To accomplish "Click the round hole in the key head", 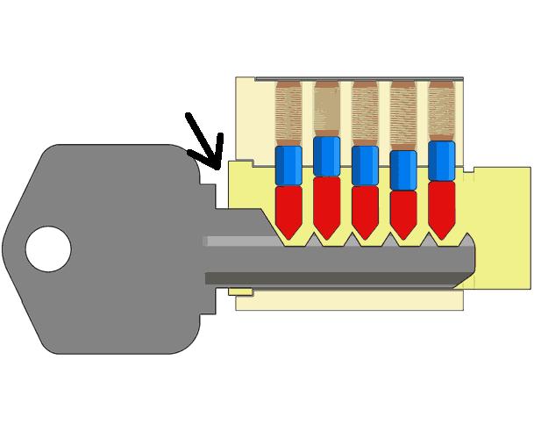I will coord(47,249).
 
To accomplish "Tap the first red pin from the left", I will coord(288,209).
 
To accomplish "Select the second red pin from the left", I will coord(326,205).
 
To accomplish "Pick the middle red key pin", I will coord(365,209).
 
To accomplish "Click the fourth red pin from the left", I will coord(403,212).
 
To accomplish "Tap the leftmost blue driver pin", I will coord(288,165).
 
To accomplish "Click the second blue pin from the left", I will coord(326,156).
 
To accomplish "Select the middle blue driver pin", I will coord(365,165).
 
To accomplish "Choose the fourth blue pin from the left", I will coord(403,170).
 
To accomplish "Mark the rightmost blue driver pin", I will coord(442,161).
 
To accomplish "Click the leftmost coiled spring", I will coord(288,114).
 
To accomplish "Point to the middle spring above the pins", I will coord(365,114).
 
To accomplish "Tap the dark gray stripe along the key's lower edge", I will coord(333,279).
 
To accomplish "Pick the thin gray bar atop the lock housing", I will coord(360,79).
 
